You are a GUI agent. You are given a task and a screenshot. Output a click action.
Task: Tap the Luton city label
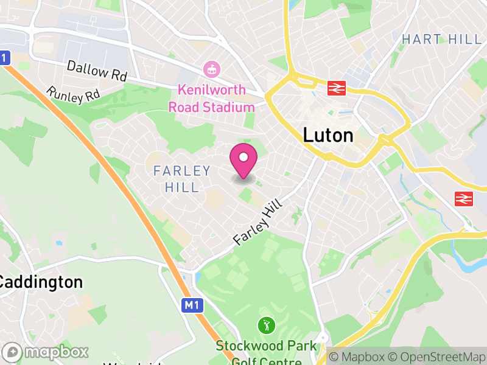(x=328, y=135)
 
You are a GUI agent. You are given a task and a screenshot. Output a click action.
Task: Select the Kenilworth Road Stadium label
(x=212, y=99)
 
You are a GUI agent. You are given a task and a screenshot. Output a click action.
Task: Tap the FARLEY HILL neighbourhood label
(x=181, y=179)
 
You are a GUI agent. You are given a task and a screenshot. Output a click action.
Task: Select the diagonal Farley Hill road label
(x=259, y=223)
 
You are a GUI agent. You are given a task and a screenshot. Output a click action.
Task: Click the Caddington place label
(x=40, y=282)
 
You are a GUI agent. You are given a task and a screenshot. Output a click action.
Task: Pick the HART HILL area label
(x=441, y=40)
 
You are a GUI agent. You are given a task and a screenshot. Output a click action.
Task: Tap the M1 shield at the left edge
(x=5, y=58)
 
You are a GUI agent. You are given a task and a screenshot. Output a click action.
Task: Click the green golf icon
(x=265, y=325)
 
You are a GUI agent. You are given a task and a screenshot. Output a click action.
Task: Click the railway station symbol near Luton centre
(x=335, y=88)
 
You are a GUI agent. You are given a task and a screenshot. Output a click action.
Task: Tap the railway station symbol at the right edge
(x=464, y=198)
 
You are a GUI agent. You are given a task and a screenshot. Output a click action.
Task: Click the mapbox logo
(x=46, y=352)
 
